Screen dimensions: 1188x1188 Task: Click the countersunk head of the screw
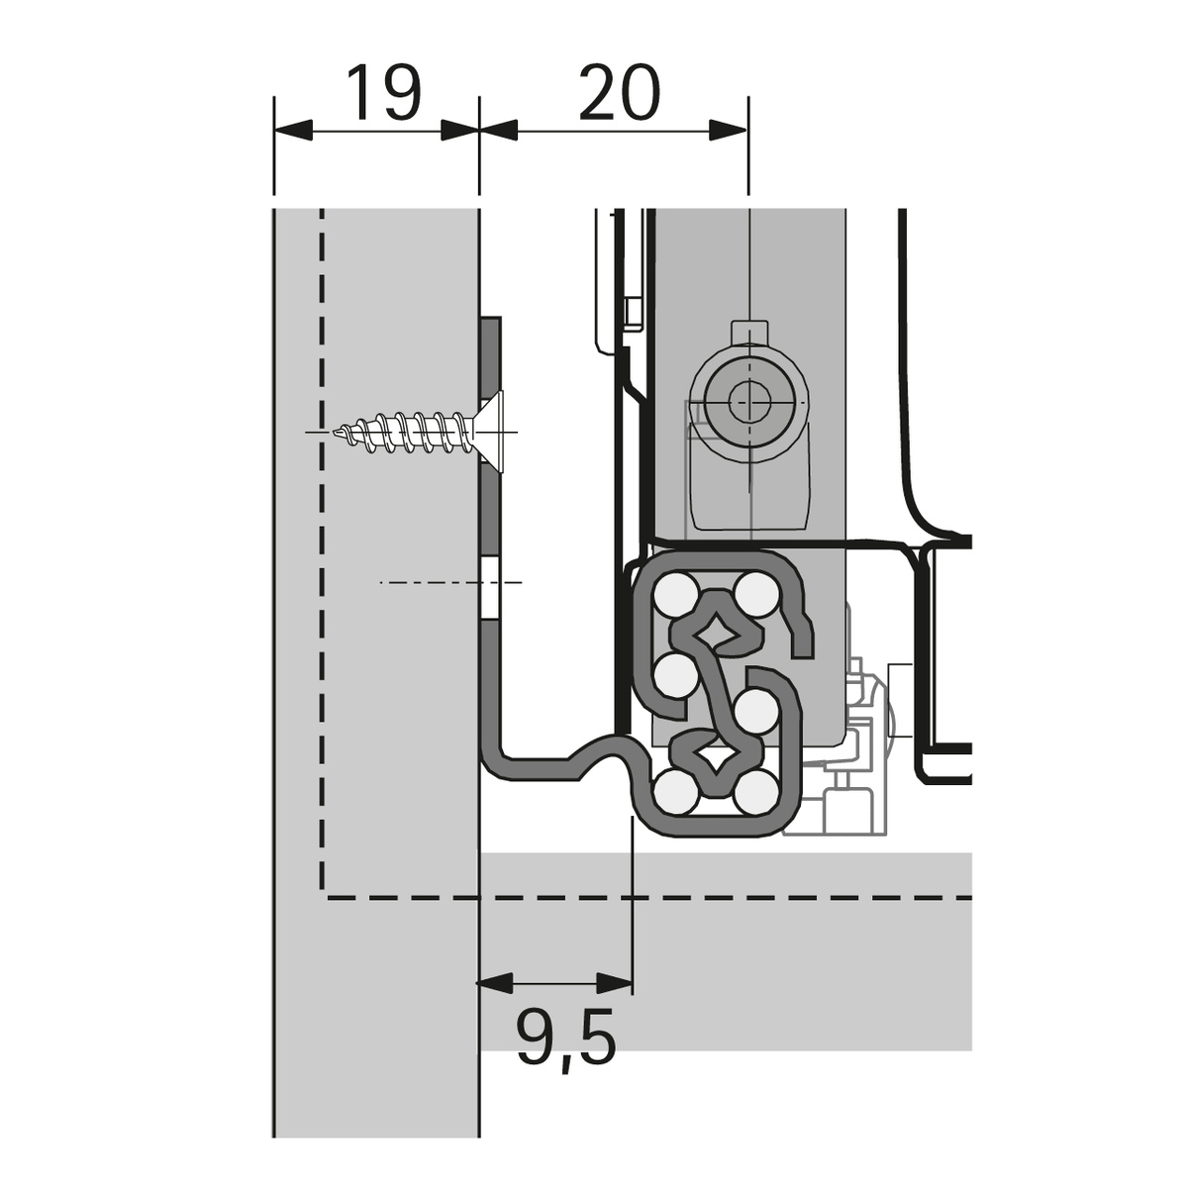[496, 433]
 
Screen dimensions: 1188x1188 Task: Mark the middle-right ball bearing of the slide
[757, 710]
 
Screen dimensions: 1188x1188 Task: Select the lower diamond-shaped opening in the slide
[716, 758]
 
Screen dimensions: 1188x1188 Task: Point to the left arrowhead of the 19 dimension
[293, 129]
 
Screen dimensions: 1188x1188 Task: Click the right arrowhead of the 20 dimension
[728, 129]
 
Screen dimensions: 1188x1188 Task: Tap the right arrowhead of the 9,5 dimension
[614, 983]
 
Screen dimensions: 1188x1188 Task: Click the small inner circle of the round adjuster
[746, 402]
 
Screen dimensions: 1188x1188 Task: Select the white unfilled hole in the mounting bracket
[492, 588]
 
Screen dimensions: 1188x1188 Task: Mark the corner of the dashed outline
[322, 898]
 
